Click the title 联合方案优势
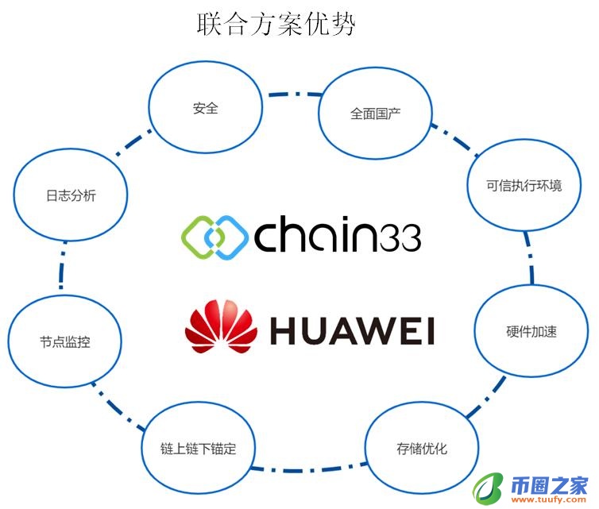275,24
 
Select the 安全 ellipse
206,108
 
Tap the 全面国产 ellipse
375,114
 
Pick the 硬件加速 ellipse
531,331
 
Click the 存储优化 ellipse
422,449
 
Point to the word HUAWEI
352,330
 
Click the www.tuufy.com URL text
549,500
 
